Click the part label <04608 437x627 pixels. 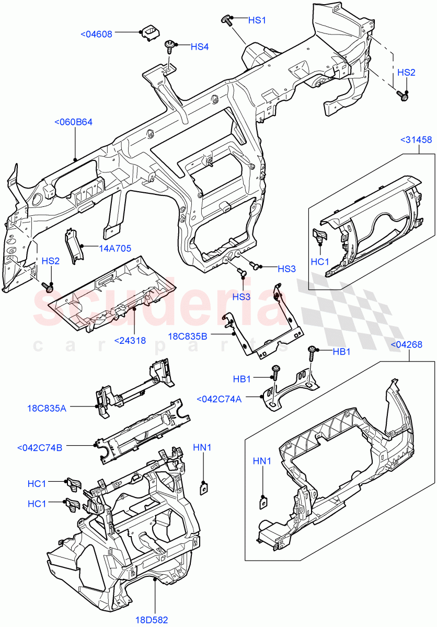point(96,34)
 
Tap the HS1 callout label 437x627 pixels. point(257,20)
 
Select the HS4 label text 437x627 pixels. point(199,47)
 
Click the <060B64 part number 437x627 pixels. point(73,122)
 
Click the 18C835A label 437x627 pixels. point(47,408)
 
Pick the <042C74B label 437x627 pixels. point(40,448)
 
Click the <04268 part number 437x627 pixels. point(407,344)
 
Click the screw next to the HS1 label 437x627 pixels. point(227,20)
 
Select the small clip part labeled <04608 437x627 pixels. point(149,32)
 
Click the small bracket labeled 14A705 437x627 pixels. point(73,243)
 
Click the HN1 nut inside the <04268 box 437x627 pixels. point(264,502)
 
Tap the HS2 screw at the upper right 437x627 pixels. point(404,96)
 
